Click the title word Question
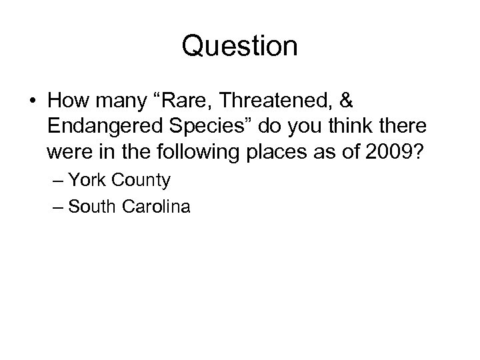[x=239, y=47]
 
